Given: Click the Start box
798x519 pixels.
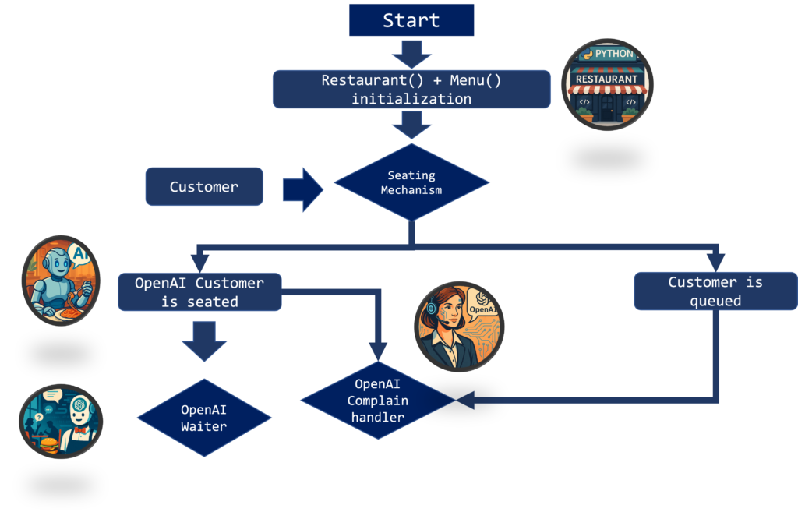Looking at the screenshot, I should click(x=411, y=19).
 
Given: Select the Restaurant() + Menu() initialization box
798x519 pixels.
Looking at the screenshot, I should click(x=411, y=89).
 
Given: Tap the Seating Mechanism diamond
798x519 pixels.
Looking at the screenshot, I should click(x=411, y=182).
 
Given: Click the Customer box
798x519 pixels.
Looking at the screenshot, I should click(x=204, y=187).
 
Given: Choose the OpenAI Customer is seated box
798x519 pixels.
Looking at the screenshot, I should click(x=199, y=291).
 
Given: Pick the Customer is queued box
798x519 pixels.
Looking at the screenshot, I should click(x=715, y=291).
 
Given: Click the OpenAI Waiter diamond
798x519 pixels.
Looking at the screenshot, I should click(x=204, y=418).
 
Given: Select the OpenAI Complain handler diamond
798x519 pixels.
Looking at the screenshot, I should click(x=377, y=401).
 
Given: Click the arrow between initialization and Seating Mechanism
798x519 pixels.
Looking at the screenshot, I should click(x=411, y=124).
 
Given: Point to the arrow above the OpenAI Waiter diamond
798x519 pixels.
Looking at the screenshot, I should click(x=204, y=340).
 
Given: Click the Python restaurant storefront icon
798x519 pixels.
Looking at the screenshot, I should click(x=607, y=85).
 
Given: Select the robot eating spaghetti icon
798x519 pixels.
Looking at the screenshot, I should click(x=61, y=281).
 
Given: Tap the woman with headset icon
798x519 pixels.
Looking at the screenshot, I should click(x=459, y=326).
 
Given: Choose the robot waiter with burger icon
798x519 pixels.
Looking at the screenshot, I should click(x=61, y=421).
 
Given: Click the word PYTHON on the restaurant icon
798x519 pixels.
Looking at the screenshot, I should click(x=614, y=55).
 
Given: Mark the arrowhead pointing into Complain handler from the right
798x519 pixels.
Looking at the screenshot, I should click(x=466, y=401).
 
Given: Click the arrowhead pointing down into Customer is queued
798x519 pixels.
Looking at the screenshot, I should click(x=715, y=262).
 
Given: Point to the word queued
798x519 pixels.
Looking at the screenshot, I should click(x=715, y=300).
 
